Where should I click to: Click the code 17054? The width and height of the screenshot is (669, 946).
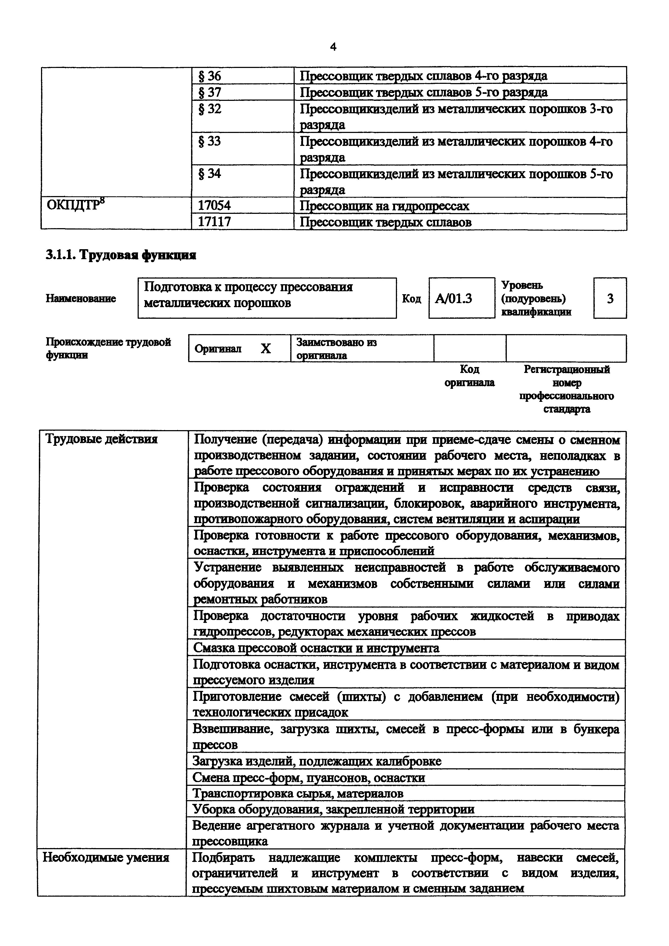[x=214, y=205]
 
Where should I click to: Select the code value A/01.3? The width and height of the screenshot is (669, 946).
[x=453, y=298]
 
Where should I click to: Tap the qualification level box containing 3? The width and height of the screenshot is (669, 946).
[x=610, y=298]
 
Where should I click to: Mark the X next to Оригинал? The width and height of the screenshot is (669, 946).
[x=266, y=349]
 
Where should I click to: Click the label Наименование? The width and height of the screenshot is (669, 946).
[x=81, y=298]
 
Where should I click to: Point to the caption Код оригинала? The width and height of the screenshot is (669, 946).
[x=470, y=376]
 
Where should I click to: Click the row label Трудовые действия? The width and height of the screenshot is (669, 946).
[x=101, y=439]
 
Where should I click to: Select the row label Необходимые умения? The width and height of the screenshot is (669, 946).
[x=106, y=858]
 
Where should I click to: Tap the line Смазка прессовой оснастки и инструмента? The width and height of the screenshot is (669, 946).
[x=316, y=648]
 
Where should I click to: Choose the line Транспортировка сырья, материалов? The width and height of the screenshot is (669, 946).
[x=298, y=793]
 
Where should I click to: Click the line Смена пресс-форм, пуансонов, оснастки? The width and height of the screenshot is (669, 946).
[x=309, y=777]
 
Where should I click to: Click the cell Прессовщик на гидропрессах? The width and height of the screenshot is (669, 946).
[x=384, y=205]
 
